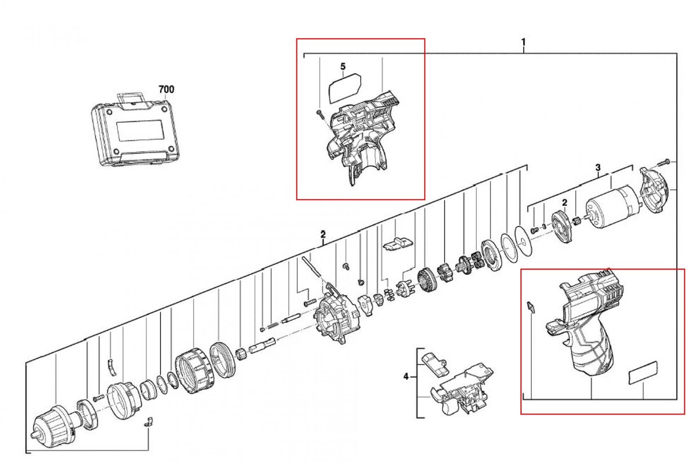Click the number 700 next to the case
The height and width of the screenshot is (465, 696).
coord(166,89)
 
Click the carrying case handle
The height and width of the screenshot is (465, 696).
coord(129,97)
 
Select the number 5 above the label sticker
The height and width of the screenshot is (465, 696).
coord(343,67)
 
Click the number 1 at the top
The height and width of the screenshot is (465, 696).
coord(523,42)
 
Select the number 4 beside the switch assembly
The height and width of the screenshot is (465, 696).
coord(406,377)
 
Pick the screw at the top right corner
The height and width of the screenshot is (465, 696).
coord(665,161)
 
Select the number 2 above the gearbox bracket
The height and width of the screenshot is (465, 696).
coord(322,235)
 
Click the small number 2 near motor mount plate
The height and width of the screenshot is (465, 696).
coord(563,202)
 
